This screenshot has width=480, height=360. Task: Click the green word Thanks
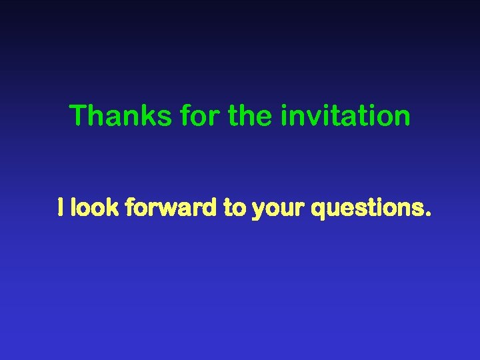click(121, 116)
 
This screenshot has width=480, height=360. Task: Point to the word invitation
click(346, 116)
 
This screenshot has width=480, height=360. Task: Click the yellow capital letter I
click(61, 209)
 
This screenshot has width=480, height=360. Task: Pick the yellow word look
click(95, 209)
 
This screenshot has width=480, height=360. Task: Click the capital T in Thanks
click(78, 116)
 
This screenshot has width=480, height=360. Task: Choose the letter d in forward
click(212, 209)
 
